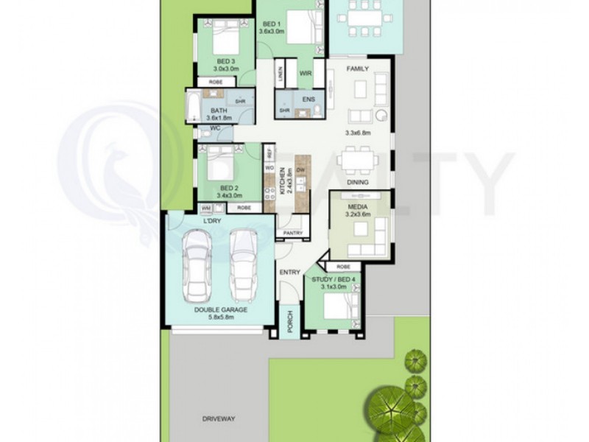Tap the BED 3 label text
point(225,61)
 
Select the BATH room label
point(219,110)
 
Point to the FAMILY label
point(357,69)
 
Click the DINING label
point(358,182)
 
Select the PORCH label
point(290,322)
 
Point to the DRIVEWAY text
point(218,418)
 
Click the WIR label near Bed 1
point(306,73)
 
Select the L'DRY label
point(213,221)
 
